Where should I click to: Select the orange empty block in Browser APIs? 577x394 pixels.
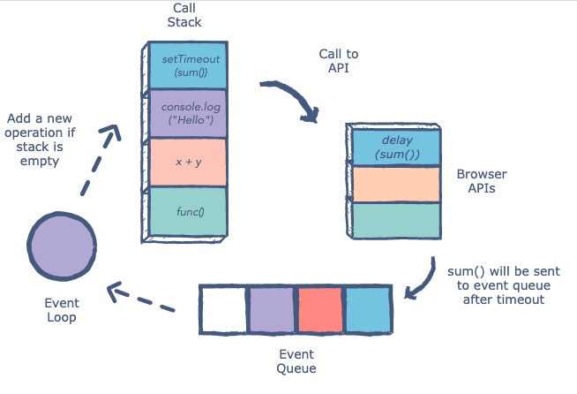(x=396, y=184)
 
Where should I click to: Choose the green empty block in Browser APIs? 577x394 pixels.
(x=396, y=220)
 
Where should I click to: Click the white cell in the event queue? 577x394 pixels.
(x=224, y=309)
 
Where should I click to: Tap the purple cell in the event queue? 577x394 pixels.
(x=271, y=309)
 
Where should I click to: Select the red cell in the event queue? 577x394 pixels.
(x=319, y=309)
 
